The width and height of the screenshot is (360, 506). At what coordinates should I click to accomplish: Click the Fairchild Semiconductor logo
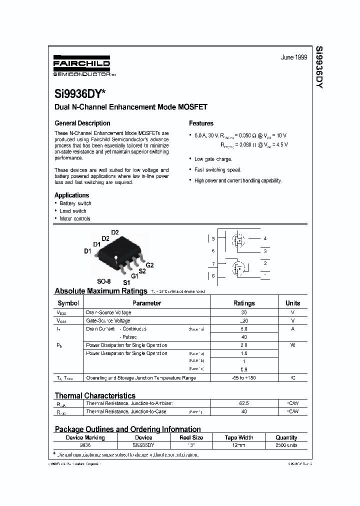81,65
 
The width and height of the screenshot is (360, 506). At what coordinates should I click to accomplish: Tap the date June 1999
293,57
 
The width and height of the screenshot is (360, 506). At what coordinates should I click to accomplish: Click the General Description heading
82,123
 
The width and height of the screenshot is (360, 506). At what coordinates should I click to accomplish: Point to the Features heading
201,123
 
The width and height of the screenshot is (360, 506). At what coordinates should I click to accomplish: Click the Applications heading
71,195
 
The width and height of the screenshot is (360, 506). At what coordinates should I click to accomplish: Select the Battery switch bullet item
75,203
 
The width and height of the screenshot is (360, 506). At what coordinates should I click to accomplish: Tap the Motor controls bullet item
75,218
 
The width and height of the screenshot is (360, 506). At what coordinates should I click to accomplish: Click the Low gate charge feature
213,159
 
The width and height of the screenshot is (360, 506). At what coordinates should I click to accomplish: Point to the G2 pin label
149,264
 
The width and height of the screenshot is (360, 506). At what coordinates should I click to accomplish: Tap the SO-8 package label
103,281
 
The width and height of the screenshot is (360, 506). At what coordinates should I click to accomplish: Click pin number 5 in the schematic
213,239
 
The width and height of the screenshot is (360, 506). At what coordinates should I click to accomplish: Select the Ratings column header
244,303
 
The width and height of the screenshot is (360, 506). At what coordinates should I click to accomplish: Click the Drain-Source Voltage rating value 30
244,312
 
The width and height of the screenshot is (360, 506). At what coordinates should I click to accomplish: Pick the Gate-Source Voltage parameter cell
108,320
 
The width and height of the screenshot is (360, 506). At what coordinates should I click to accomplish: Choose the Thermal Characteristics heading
95,395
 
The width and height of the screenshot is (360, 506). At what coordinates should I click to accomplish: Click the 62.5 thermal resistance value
244,403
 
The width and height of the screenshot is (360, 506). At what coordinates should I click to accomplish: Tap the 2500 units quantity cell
286,445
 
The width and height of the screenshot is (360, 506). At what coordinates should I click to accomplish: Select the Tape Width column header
238,437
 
